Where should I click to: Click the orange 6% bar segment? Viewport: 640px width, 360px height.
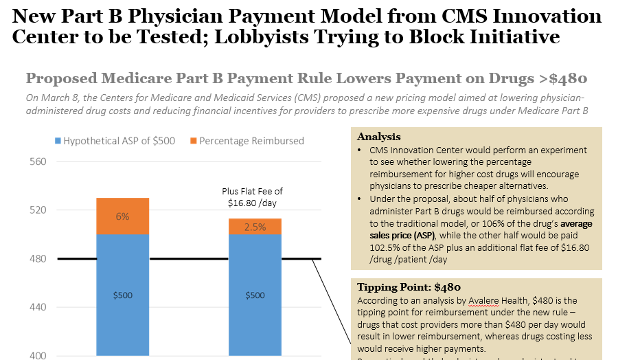click(x=122, y=216)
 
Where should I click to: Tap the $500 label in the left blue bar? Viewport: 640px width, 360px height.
click(x=122, y=295)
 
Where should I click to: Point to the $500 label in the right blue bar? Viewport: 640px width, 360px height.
click(x=255, y=295)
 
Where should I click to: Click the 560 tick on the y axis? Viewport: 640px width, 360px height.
click(x=36, y=162)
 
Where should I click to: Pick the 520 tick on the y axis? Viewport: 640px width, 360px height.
click(x=36, y=210)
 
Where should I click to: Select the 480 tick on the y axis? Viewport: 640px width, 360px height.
click(x=36, y=259)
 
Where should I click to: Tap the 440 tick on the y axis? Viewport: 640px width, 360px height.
click(x=36, y=308)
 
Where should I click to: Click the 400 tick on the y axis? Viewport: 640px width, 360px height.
click(x=36, y=355)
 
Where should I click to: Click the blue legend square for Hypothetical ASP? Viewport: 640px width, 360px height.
click(x=58, y=141)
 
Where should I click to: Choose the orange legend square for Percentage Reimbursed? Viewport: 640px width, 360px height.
click(x=194, y=141)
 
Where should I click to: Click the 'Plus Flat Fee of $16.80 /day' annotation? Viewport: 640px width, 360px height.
click(x=252, y=197)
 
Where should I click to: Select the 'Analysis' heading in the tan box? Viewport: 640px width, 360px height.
click(x=379, y=137)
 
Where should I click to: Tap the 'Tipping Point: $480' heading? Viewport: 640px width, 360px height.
click(x=409, y=287)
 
